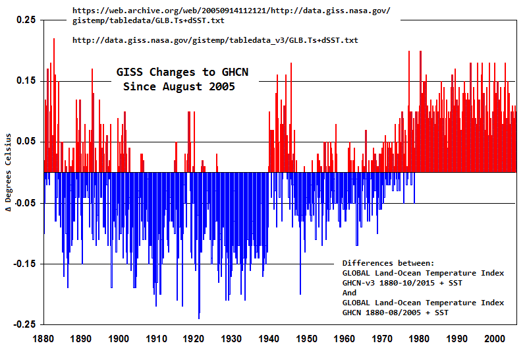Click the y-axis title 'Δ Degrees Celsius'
(9, 173)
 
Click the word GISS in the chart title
(130, 72)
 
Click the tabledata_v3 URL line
(215, 40)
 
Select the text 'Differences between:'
(388, 262)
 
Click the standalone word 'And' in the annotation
(349, 292)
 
